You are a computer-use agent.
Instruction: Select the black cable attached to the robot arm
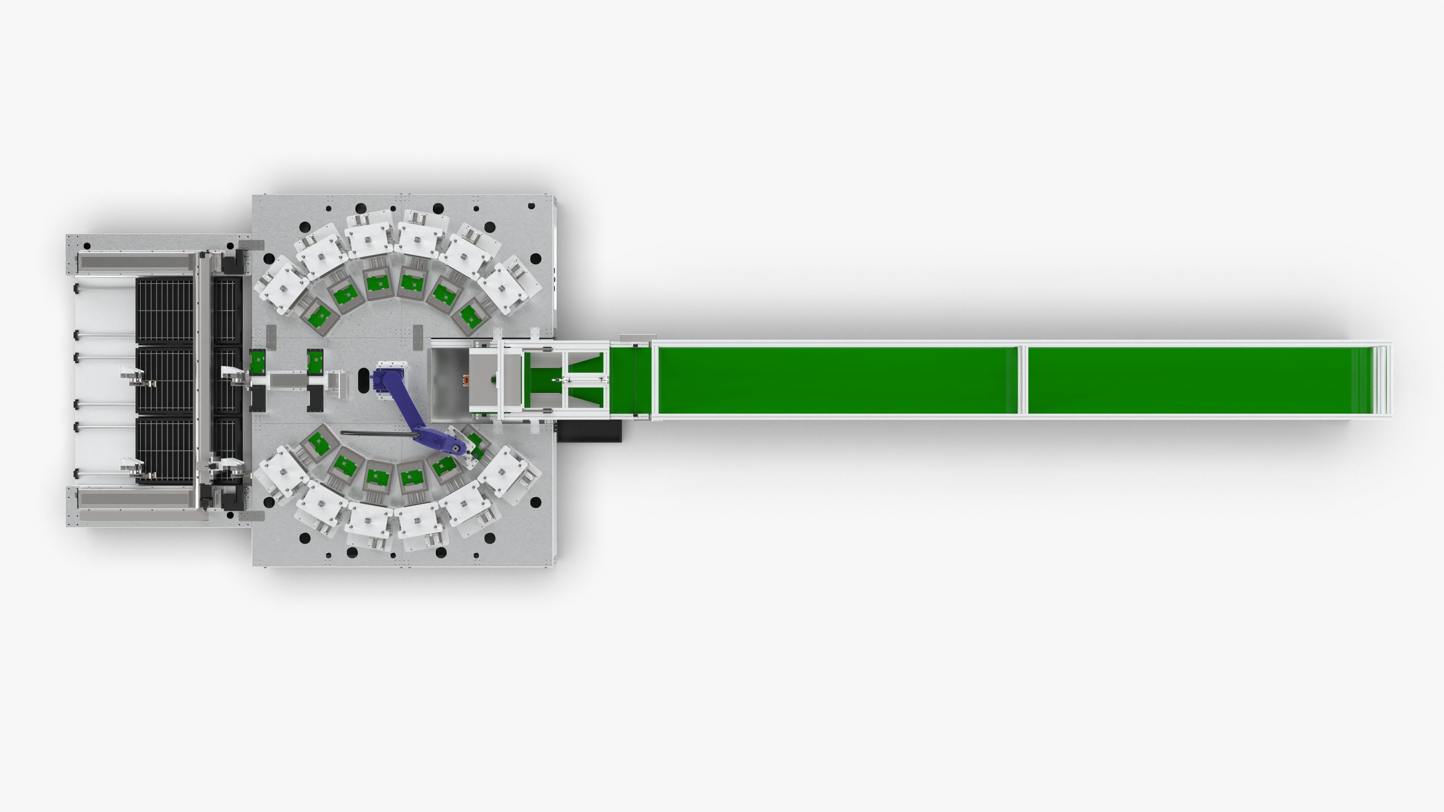[x=376, y=433]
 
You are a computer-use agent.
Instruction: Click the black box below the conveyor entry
[x=590, y=431]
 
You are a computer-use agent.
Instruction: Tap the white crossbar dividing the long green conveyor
[x=1022, y=380]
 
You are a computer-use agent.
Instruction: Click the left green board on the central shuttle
[x=257, y=361]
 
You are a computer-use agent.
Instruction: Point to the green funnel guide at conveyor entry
[x=586, y=366]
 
